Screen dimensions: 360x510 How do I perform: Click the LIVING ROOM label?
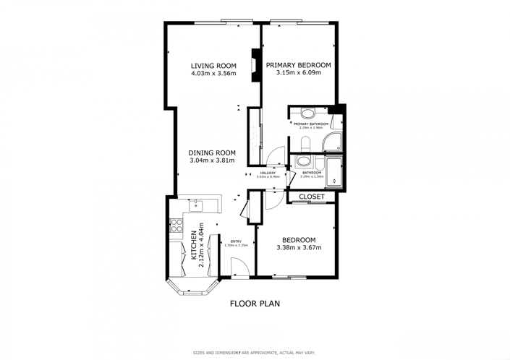tap(212, 65)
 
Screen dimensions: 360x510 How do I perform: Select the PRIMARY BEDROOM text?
tap(298, 65)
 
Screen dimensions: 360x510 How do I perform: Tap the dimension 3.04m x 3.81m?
tap(212, 160)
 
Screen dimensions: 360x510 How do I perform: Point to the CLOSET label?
tap(311, 197)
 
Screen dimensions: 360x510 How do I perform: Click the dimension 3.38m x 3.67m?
tap(298, 248)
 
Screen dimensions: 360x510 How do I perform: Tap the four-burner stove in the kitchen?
tap(174, 226)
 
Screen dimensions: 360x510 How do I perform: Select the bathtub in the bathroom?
tap(333, 171)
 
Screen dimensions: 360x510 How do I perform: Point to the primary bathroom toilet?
tap(308, 113)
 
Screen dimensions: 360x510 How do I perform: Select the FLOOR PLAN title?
tap(255, 304)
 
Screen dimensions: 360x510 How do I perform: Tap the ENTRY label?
tap(236, 241)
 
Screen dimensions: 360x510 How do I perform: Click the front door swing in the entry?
tap(243, 267)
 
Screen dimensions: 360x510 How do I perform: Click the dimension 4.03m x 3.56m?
tap(212, 73)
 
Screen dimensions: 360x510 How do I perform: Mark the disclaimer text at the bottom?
tap(255, 353)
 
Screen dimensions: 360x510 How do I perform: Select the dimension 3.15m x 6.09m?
tap(298, 73)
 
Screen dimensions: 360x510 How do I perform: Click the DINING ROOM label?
tap(212, 153)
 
